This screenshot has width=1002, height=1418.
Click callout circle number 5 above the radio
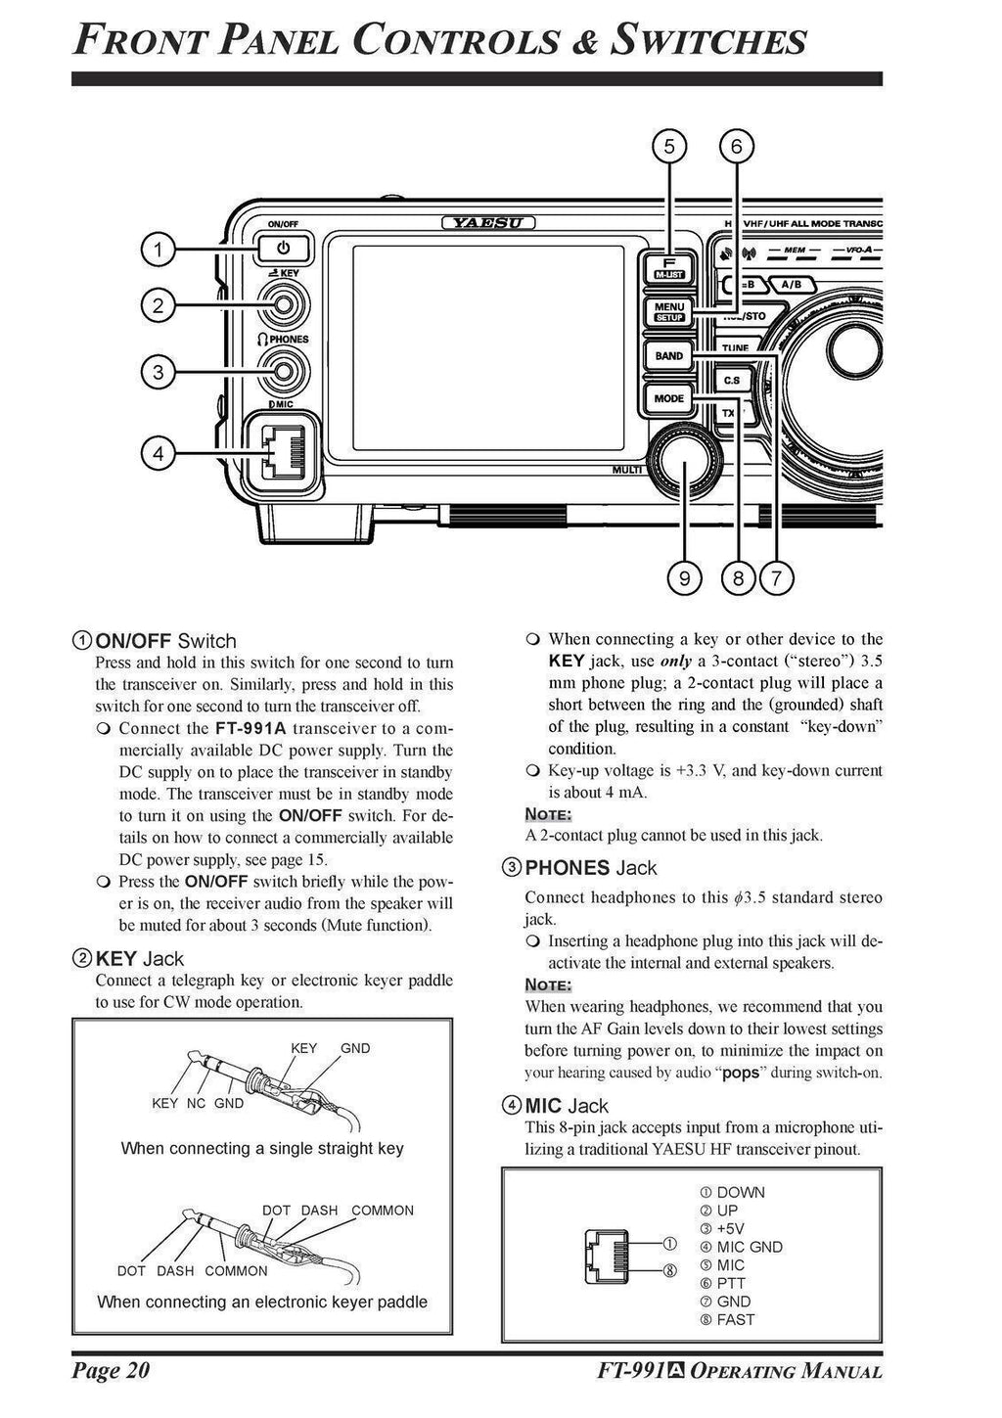pos(669,147)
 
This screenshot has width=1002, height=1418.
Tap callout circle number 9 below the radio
pos(684,578)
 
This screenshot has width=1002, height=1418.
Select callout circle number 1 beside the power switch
pos(157,250)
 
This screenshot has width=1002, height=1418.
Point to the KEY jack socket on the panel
pos(282,305)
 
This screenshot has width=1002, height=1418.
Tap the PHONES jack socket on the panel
pos(282,370)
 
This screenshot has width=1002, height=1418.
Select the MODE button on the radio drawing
pos(669,398)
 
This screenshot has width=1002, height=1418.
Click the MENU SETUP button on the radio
pos(669,312)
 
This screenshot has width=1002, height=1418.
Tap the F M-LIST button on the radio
pos(669,268)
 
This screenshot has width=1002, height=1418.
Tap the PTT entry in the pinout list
pos(730,1283)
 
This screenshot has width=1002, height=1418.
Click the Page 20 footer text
pos(111,1370)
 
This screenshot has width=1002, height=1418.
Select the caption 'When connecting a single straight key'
pos(262,1148)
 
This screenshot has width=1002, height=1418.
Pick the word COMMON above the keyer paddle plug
pos(383,1211)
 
